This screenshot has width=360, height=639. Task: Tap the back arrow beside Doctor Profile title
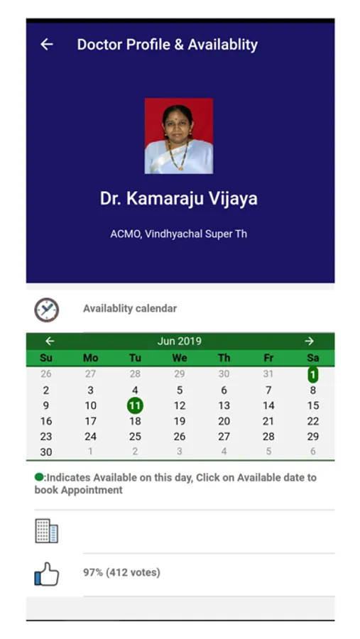coord(47,44)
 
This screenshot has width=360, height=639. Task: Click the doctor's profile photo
coord(178,136)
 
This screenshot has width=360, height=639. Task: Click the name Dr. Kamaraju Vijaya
coord(178,199)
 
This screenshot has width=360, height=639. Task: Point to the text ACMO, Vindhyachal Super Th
coord(178,234)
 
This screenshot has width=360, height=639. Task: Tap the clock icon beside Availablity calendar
coord(46,310)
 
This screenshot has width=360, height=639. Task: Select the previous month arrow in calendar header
coord(50,341)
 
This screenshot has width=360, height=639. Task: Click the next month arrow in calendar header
coord(310,341)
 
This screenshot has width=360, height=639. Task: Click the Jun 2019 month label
coord(180,341)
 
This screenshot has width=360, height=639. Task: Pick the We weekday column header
coord(180,358)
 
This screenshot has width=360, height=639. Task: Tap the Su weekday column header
coord(46,358)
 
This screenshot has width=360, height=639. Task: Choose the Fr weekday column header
coord(268,358)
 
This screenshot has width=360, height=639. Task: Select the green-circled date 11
coord(135,406)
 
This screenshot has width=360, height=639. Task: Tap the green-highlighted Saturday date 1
coord(312,374)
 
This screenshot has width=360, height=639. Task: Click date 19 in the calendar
coord(180,421)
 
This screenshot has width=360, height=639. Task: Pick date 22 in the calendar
coord(312,421)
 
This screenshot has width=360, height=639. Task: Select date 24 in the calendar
coord(90,437)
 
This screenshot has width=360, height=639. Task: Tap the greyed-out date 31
coord(268,373)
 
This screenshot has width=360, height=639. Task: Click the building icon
coord(46,530)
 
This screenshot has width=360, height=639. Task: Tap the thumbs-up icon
coord(46,574)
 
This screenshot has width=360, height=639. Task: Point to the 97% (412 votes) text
coord(121,572)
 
